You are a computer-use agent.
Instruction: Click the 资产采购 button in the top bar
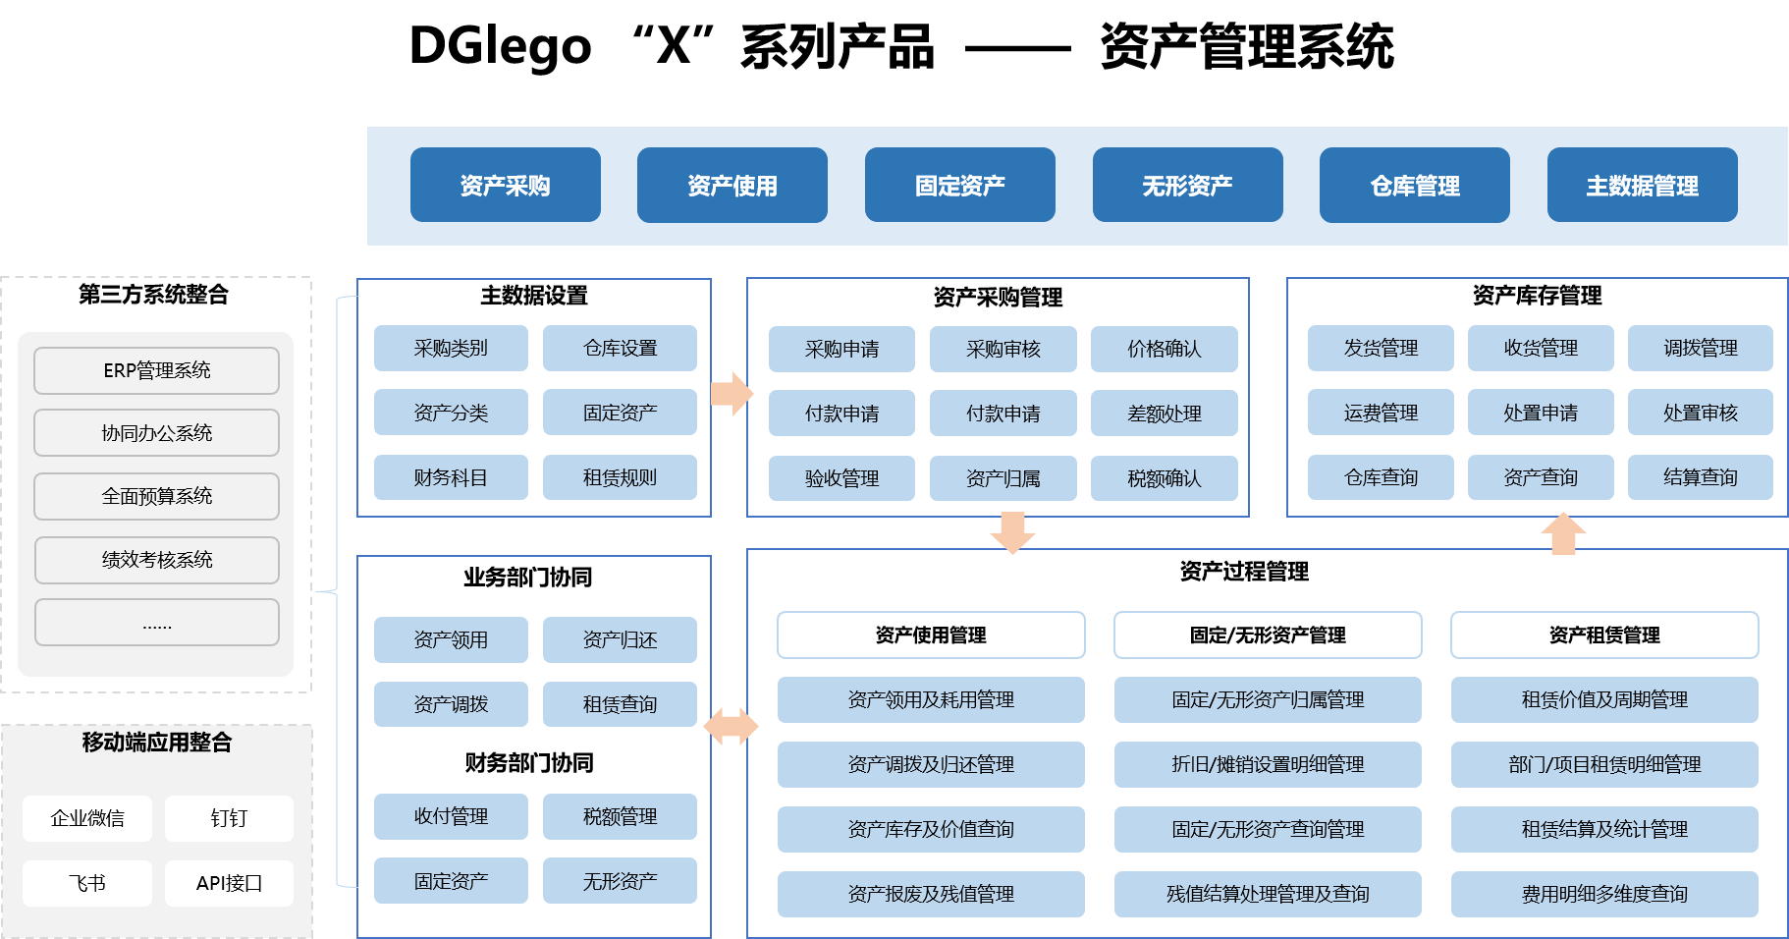point(505,186)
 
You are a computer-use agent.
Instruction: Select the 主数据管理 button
point(1642,186)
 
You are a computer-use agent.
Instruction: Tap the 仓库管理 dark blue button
point(1414,186)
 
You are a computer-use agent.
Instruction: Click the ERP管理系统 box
point(157,370)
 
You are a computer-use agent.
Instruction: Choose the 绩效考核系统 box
point(157,560)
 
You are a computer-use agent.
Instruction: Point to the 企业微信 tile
point(87,818)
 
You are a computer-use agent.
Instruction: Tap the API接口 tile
point(229,883)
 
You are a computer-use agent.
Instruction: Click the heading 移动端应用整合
point(157,743)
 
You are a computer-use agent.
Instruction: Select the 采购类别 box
point(451,349)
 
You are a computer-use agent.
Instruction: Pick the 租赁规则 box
point(620,477)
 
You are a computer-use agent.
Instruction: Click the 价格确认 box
point(1164,350)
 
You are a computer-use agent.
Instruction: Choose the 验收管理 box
point(841,478)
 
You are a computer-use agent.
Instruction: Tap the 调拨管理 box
point(1700,349)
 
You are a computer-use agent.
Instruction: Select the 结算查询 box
point(1700,477)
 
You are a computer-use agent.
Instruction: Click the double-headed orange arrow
point(732,727)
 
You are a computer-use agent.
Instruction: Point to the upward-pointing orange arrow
point(1563,533)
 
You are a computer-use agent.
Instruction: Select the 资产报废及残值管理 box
point(931,894)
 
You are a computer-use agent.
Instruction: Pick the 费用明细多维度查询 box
point(1604,894)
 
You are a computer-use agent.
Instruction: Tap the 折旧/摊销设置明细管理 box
point(1268,764)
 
